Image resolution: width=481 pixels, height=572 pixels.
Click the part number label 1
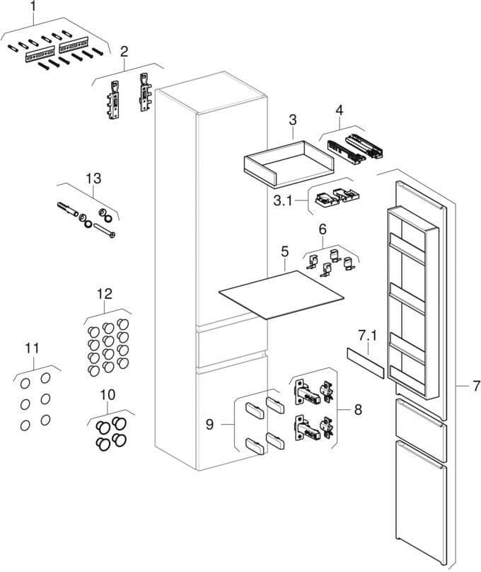[x=30, y=8]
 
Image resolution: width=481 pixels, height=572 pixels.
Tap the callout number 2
[x=124, y=51]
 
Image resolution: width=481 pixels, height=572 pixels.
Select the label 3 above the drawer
[x=292, y=120]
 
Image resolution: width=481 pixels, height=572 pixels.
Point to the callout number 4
[x=340, y=110]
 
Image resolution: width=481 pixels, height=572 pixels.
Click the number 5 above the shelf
[x=285, y=251]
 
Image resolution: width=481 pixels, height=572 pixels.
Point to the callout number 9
[x=209, y=424]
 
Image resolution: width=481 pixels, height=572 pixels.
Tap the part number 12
[x=104, y=292]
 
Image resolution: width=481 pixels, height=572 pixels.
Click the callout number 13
[x=92, y=178]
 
